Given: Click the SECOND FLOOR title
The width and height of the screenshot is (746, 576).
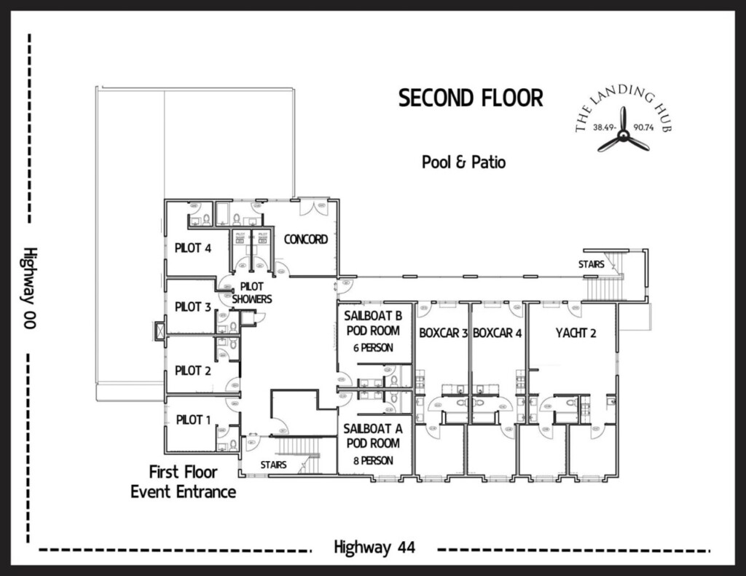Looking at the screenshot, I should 471,98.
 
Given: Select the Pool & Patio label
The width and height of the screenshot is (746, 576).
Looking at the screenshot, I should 463,162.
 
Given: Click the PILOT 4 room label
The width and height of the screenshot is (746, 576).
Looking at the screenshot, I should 193,248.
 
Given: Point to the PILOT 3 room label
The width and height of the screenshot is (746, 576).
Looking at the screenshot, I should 193,307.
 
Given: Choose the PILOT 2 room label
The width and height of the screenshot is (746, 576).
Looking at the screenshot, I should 193,371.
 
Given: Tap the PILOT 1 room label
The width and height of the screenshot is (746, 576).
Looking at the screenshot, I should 193,419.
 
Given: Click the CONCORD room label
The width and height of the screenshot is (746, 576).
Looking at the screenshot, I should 306,240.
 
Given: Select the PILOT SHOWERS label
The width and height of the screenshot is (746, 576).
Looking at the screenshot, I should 251,293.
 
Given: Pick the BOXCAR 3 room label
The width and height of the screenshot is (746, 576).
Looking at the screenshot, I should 443,334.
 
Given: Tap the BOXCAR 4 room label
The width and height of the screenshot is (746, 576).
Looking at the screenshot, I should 498,334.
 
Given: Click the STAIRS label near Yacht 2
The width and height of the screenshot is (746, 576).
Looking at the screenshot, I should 592,264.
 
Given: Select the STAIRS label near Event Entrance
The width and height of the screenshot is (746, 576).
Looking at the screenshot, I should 274,464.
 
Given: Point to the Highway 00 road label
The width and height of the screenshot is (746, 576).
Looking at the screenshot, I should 29,288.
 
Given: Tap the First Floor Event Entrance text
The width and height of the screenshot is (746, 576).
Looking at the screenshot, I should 184,482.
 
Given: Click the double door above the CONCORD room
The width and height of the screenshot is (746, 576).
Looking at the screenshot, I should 318,207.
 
